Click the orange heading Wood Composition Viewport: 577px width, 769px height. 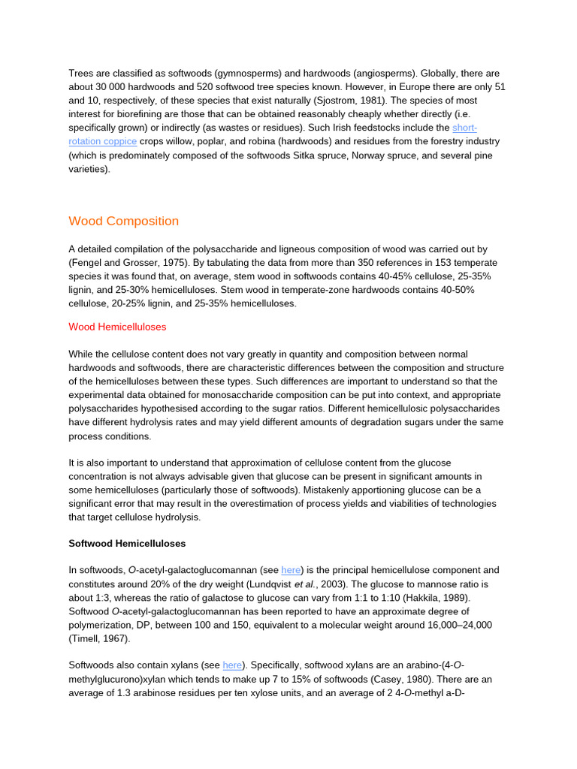tap(124, 221)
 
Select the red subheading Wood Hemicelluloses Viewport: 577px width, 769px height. tap(117, 327)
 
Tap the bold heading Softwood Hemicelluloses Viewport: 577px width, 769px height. tap(127, 543)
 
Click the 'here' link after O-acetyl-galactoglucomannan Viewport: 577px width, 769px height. tap(291, 570)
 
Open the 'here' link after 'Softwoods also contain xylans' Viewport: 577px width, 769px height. tap(232, 665)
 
